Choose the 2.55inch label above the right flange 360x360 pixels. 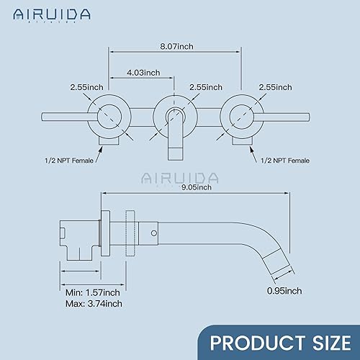[275, 87]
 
